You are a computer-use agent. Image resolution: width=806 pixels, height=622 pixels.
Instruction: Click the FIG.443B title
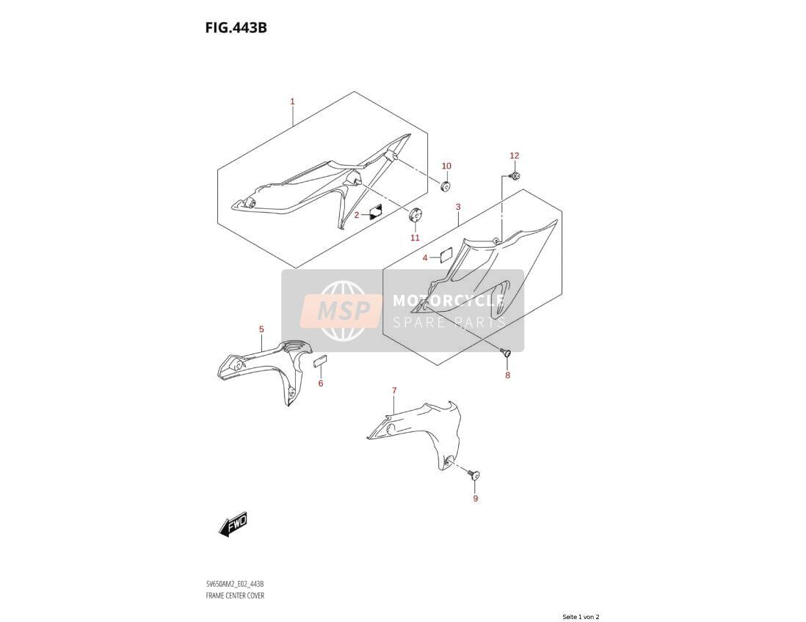pyautogui.click(x=236, y=27)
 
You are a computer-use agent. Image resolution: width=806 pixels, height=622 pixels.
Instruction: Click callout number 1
pyautogui.click(x=292, y=101)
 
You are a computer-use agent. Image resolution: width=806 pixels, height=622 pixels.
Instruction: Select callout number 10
pyautogui.click(x=446, y=166)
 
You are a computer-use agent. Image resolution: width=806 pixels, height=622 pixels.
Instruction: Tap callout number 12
pyautogui.click(x=515, y=155)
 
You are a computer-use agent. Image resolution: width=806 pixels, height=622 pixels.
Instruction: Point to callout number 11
pyautogui.click(x=415, y=238)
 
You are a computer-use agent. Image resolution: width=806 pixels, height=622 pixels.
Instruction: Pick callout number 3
pyautogui.click(x=458, y=207)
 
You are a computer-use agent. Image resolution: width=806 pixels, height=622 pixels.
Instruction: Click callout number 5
pyautogui.click(x=261, y=329)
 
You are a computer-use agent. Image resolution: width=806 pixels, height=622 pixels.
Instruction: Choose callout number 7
pyautogui.click(x=394, y=391)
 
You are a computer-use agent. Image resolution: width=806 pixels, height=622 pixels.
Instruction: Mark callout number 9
pyautogui.click(x=476, y=498)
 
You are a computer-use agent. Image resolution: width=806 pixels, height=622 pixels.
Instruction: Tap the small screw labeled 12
pyautogui.click(x=515, y=177)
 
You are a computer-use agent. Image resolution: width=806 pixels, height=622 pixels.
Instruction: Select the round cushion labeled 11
pyautogui.click(x=415, y=214)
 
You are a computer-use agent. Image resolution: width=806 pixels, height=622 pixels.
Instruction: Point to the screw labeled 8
pyautogui.click(x=507, y=352)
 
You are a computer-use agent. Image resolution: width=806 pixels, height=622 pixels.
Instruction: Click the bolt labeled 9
pyautogui.click(x=474, y=474)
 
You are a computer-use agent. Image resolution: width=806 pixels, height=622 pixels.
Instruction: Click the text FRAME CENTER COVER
pyautogui.click(x=235, y=596)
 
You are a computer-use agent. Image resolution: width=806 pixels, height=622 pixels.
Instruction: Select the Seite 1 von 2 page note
pyautogui.click(x=581, y=617)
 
